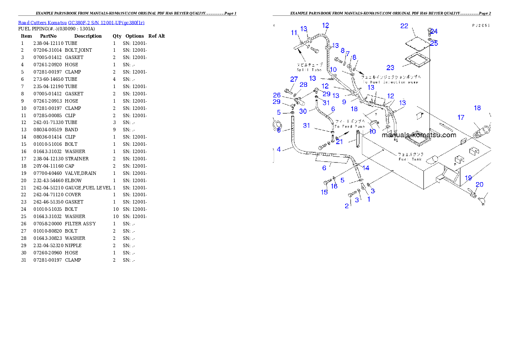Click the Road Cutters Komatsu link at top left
coord(81,23)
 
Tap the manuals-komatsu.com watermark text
coord(419,135)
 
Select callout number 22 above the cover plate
coord(404,27)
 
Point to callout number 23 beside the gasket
coord(390,68)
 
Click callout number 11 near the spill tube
coord(294,33)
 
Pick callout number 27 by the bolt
coord(294,79)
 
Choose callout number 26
coord(277,95)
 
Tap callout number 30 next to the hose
coord(303,111)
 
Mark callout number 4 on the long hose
coord(279,150)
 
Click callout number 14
coord(366,168)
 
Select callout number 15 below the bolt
coord(324,192)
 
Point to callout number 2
coord(347,206)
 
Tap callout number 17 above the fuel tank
coord(461,117)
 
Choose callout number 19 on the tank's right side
coord(468,178)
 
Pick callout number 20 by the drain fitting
coord(479,184)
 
